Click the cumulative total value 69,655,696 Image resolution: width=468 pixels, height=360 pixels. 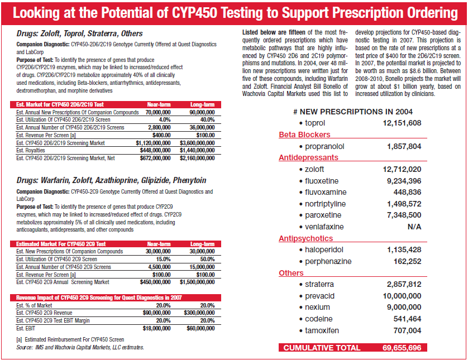(402, 348)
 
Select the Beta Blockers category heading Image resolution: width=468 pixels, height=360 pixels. (304, 135)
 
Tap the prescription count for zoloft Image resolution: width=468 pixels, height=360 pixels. (402, 169)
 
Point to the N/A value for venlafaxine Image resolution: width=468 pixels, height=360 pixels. (414, 227)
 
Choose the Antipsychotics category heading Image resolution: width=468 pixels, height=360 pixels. (305, 238)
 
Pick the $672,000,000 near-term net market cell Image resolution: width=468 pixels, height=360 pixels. (155, 158)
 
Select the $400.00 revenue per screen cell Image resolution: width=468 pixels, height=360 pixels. (161, 135)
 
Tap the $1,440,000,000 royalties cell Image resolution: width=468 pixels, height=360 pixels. (197, 150)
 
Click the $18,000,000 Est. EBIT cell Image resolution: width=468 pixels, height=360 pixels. (157, 328)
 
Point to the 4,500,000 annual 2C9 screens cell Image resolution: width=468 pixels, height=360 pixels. (159, 267)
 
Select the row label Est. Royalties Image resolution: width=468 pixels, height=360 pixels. (31, 150)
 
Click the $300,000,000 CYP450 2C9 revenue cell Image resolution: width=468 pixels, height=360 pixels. (199, 313)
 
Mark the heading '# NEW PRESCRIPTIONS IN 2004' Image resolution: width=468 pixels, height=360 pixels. (353, 112)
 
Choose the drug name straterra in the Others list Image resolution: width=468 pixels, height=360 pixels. (319, 284)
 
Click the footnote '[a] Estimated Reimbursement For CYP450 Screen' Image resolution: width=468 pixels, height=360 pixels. (70, 339)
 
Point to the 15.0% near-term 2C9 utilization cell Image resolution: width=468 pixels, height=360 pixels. (163, 259)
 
